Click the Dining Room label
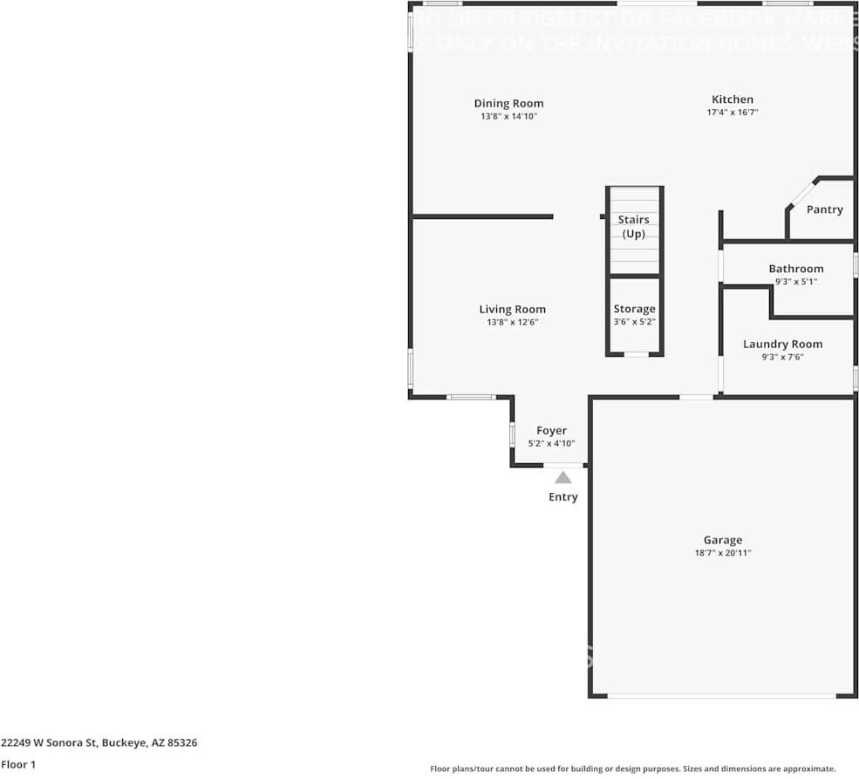coord(508,103)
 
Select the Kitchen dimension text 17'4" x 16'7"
coord(732,113)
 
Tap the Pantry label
coord(824,209)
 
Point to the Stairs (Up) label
coord(633,227)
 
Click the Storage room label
coord(634,309)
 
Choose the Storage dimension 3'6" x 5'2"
coord(634,322)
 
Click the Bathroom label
coord(795,269)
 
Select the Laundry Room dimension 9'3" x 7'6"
coord(782,357)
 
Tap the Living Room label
coord(512,309)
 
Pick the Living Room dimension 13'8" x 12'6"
coord(512,323)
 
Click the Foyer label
coord(551,430)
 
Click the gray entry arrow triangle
coord(563,477)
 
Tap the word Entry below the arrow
coord(562,497)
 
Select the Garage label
coord(723,540)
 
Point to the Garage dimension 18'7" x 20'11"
coord(723,553)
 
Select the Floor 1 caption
coord(19,765)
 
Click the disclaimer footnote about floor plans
coord(632,769)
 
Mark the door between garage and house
coord(696,398)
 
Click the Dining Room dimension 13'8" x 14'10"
coord(508,116)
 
